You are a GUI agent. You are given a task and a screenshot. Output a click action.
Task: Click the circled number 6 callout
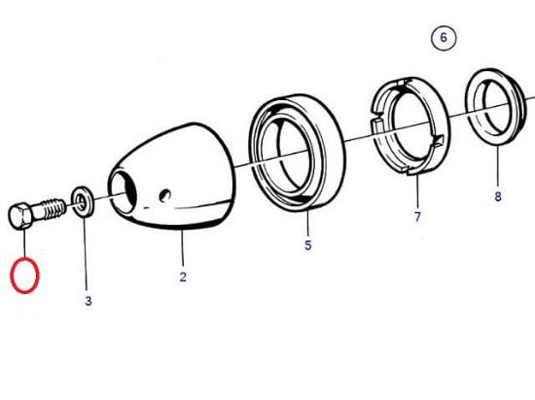443,39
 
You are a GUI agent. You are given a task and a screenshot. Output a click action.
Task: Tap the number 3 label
88,302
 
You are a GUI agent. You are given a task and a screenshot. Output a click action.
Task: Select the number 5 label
307,246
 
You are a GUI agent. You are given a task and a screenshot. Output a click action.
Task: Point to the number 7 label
417,217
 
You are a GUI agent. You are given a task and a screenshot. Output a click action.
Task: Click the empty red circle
24,274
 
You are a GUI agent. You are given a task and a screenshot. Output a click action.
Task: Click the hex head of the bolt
21,216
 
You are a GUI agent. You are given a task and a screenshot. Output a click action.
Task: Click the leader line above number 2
182,251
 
